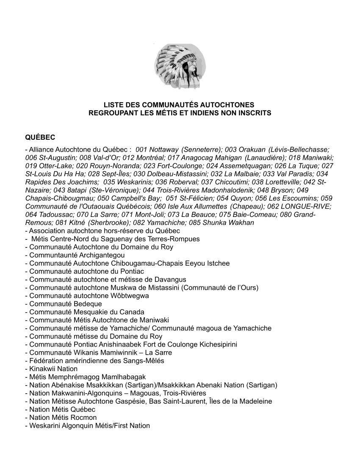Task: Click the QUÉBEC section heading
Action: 40,138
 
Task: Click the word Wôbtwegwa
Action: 128,296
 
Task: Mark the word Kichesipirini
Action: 216,344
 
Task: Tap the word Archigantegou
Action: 102,255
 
